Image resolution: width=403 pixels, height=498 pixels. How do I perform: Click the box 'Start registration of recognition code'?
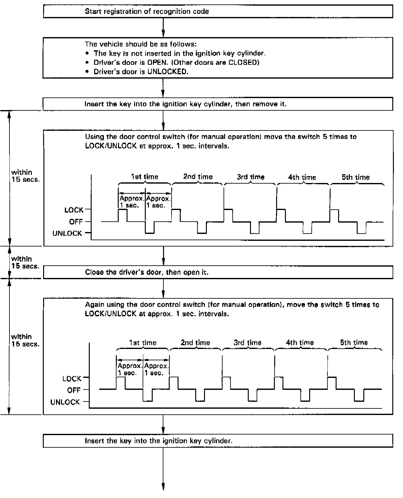pyautogui.click(x=218, y=12)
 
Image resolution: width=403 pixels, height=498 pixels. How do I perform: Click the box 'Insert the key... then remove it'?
pyautogui.click(x=218, y=104)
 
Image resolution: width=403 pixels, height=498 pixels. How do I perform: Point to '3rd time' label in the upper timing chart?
pyautogui.click(x=251, y=177)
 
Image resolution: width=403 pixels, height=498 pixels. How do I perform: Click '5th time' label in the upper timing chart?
pyautogui.click(x=355, y=177)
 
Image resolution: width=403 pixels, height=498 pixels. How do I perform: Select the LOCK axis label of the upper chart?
pyautogui.click(x=74, y=210)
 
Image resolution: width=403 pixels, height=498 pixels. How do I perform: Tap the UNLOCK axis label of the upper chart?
pyautogui.click(x=67, y=234)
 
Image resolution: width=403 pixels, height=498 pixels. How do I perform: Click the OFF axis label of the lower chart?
pyautogui.click(x=74, y=390)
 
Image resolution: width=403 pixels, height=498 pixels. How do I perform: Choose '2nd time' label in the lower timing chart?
pyautogui.click(x=195, y=343)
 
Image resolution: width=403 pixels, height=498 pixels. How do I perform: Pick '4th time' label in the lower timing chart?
pyautogui.click(x=300, y=343)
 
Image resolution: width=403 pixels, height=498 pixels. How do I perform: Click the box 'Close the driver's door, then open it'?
pyautogui.click(x=218, y=272)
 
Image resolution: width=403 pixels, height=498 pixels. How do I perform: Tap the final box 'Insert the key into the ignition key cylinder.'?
pyautogui.click(x=218, y=441)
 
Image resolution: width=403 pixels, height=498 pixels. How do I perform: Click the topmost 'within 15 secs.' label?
pyautogui.click(x=25, y=176)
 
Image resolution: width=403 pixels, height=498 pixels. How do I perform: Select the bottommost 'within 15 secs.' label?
pyautogui.click(x=25, y=340)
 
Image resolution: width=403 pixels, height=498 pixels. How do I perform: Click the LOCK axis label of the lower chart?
pyautogui.click(x=72, y=379)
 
